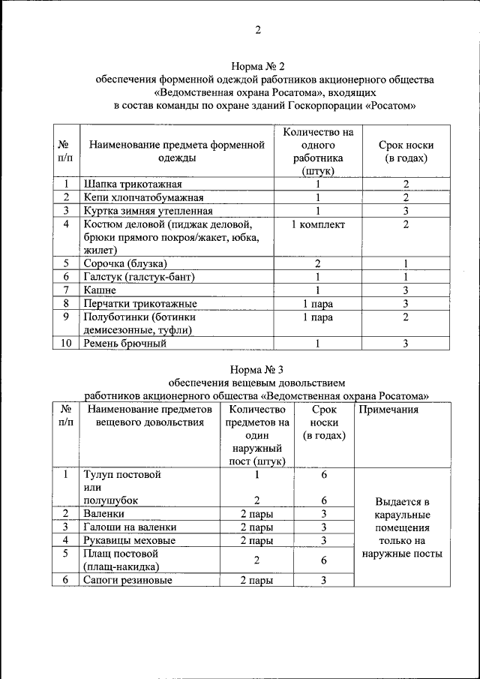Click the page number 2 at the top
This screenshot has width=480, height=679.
258,31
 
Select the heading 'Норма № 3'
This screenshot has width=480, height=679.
256,368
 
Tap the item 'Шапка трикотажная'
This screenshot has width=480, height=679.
133,184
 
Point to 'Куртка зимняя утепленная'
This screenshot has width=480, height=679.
148,211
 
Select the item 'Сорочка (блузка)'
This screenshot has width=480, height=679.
124,263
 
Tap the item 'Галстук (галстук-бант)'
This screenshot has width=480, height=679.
139,277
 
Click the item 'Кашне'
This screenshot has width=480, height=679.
100,290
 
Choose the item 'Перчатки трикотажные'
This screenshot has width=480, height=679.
140,304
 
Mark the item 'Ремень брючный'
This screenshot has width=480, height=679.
124,344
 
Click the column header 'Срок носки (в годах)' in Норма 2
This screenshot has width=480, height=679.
406,152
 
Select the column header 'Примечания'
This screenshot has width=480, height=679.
388,410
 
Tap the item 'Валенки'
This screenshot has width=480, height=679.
104,514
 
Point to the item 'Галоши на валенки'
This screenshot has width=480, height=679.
129,527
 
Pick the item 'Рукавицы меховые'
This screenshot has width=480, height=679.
130,540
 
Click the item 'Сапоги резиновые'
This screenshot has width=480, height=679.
128,580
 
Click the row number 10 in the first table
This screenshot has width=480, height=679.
64,344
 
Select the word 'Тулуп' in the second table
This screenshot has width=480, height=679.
100,474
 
